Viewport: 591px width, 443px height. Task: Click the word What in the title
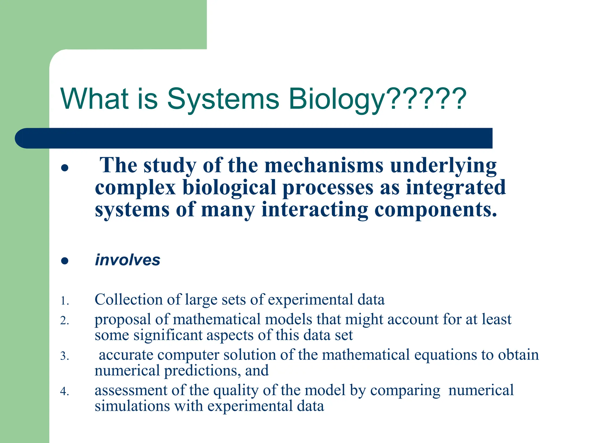[94, 99]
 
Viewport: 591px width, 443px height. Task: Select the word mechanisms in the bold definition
[324, 166]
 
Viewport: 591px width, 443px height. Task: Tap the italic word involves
[127, 260]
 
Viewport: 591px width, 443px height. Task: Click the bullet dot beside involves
[65, 261]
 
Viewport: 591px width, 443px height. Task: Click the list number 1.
[64, 301]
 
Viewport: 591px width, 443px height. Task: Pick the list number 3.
[64, 356]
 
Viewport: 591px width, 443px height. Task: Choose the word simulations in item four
[132, 406]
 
